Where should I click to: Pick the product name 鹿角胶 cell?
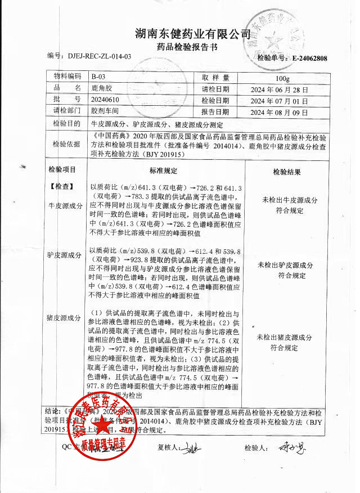pos(102,89)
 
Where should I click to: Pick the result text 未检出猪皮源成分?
pos(284,338)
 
